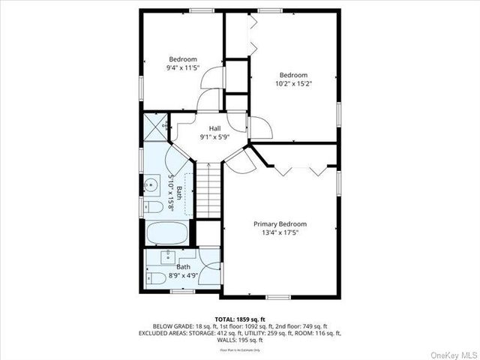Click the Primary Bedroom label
pos(280,223)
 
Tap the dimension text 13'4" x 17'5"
pos(280,233)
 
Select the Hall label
pos(214,128)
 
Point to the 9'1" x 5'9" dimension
pos(214,137)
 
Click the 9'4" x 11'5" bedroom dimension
pos(182,68)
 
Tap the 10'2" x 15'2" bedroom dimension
pos(294,84)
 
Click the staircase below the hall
pos(211,191)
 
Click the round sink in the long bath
pos(152,184)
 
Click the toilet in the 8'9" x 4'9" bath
pos(157,278)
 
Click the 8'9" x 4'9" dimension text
pos(183,275)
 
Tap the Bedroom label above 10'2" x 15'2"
pos(294,75)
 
